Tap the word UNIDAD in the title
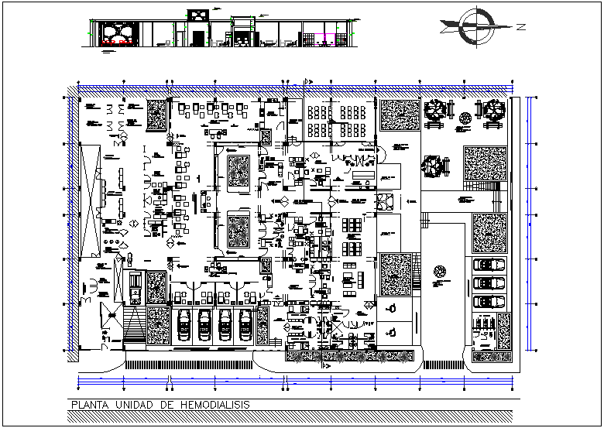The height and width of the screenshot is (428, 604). [136, 404]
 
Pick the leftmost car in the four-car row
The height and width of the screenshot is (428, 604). [184, 324]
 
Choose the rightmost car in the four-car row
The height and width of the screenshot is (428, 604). [245, 324]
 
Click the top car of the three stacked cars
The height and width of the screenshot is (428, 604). [486, 264]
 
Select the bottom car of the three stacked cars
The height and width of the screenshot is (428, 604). [486, 300]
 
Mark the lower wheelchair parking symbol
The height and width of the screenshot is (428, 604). [392, 331]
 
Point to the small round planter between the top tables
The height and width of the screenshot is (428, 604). [465, 118]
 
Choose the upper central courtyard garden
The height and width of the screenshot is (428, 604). [239, 170]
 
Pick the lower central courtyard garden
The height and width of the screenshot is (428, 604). [239, 230]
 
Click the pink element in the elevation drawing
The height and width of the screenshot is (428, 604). [325, 36]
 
